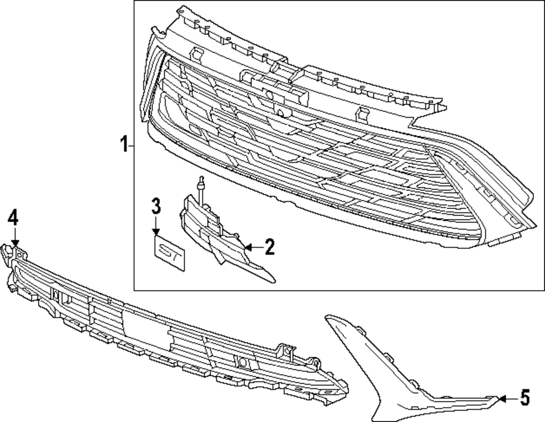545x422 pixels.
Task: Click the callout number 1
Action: (x=124, y=145)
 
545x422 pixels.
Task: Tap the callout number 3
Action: (x=156, y=206)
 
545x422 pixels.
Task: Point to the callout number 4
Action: (x=13, y=218)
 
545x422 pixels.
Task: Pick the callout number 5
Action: (x=524, y=398)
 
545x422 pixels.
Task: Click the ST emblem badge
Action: (x=169, y=253)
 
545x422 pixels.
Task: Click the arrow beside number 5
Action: (x=507, y=399)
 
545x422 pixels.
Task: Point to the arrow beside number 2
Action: (x=250, y=248)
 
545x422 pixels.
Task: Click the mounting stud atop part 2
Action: (x=202, y=185)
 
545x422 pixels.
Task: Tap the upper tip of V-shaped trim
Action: (x=328, y=317)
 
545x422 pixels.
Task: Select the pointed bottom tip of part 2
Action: (x=272, y=281)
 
